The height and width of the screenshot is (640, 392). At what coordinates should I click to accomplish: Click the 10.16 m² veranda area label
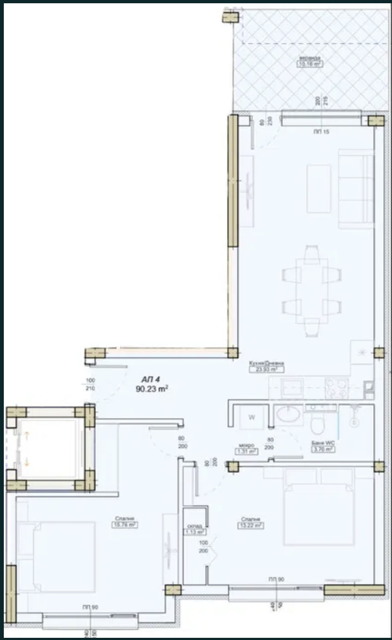309,64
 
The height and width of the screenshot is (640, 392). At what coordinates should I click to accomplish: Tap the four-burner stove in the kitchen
336,388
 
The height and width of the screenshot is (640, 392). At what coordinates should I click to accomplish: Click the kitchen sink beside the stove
297,388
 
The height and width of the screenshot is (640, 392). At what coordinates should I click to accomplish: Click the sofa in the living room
355,188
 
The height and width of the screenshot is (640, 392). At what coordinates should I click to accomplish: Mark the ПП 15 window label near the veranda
322,132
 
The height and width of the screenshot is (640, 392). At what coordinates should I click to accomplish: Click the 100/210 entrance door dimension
90,384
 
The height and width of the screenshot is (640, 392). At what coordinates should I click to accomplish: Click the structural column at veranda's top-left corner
230,17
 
